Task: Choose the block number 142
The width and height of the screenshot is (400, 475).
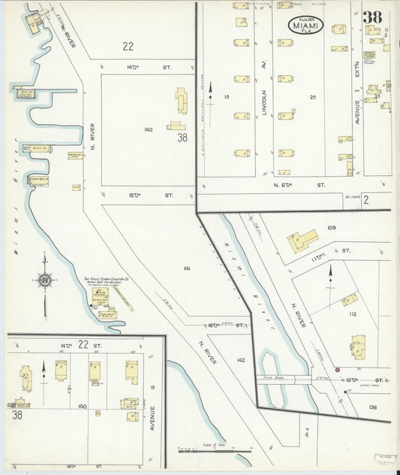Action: (240, 360)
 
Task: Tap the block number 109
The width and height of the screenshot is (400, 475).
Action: (332, 227)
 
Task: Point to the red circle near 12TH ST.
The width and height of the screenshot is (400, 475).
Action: (337, 370)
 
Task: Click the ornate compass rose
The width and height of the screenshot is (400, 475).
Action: (44, 280)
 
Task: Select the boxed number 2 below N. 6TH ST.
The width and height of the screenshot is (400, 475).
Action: (365, 200)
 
